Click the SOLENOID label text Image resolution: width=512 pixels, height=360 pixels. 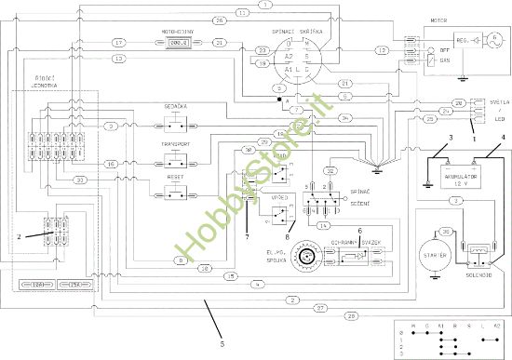(481, 276)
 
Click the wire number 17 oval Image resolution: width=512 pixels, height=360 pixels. (118, 44)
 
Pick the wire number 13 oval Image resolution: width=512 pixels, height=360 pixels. (118, 60)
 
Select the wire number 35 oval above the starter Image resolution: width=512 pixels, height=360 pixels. (447, 232)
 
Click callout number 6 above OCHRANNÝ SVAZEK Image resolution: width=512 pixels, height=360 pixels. (359, 230)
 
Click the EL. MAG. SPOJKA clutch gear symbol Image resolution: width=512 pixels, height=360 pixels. (303, 253)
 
